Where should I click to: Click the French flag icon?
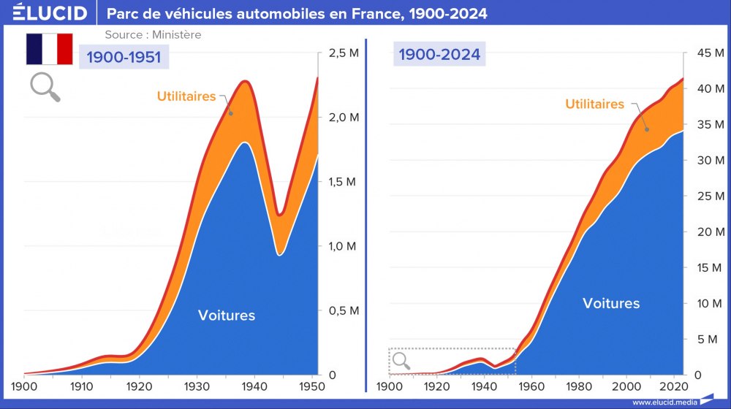50,49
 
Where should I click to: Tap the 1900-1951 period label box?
124,56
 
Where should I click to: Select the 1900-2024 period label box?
439,53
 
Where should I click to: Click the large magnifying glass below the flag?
44,87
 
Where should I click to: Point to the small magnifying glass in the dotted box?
401,360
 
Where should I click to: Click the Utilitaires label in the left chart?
186,96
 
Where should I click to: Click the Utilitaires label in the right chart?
594,104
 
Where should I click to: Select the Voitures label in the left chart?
227,316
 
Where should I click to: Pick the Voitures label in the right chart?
611,303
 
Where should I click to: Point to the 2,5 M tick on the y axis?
342,53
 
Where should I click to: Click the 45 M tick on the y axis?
706,53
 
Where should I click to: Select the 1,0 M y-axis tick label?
342,246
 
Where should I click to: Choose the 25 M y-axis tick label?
706,196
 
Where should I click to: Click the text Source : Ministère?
153,34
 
